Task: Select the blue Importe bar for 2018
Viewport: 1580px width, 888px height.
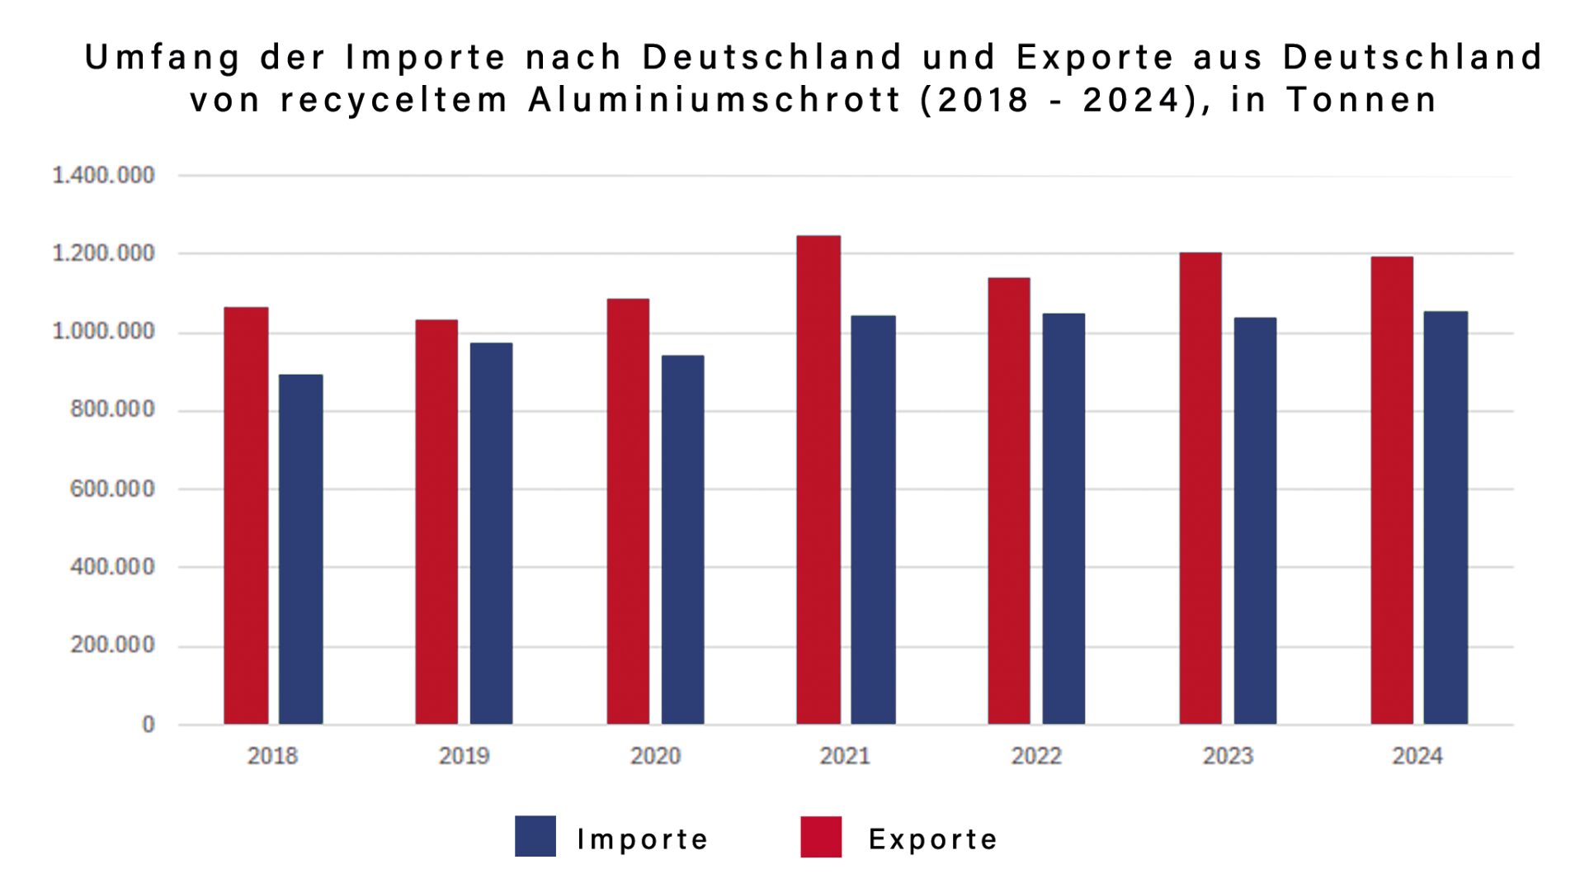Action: [x=300, y=550]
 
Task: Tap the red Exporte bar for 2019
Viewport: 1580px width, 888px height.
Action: [x=436, y=522]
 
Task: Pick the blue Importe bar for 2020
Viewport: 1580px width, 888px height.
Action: [x=682, y=540]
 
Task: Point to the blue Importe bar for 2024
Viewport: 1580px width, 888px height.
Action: [x=1446, y=518]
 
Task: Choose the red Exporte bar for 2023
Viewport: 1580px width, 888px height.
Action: [x=1200, y=489]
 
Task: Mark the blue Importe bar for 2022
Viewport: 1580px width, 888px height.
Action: [x=1064, y=519]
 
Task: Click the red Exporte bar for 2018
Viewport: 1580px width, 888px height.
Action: [x=246, y=516]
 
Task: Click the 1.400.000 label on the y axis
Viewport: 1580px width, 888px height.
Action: [x=103, y=176]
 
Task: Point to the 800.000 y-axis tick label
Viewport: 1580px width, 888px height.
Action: [x=112, y=409]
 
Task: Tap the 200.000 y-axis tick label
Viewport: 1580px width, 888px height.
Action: [x=112, y=645]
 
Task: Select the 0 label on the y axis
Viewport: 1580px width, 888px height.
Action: [x=149, y=725]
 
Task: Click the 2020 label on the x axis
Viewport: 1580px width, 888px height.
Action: [x=655, y=756]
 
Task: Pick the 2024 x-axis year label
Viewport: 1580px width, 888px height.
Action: [x=1417, y=756]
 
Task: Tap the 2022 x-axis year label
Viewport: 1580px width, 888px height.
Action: [x=1036, y=756]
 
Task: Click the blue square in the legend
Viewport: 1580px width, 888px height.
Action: [x=535, y=837]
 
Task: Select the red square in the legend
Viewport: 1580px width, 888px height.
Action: [x=821, y=837]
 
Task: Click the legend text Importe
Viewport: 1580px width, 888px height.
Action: [x=643, y=839]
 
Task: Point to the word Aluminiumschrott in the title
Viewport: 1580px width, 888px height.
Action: [x=715, y=101]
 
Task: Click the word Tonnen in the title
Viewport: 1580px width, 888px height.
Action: [x=1362, y=101]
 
